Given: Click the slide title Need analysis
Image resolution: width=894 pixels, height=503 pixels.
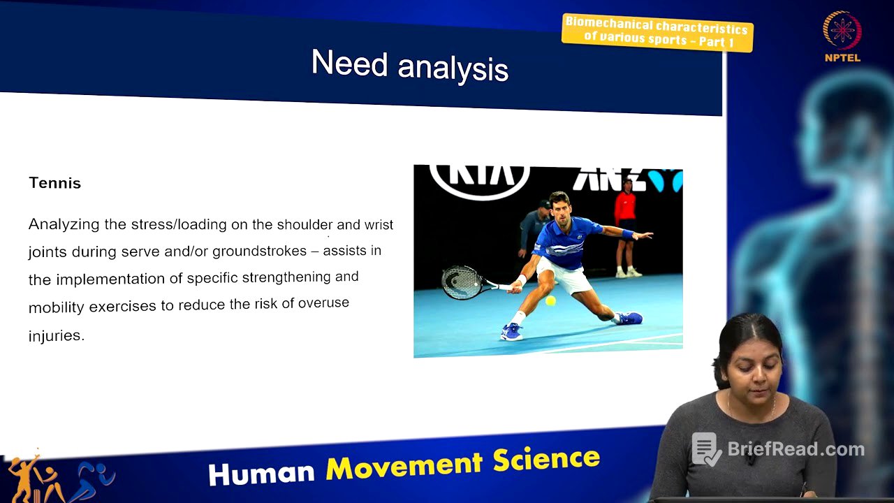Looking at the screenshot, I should pyautogui.click(x=409, y=66).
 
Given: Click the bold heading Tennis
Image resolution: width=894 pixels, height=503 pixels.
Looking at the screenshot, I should pyautogui.click(x=54, y=183).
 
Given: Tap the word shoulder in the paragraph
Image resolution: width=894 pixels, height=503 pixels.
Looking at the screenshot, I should pyautogui.click(x=305, y=224).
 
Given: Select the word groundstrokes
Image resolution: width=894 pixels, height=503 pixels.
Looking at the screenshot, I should pyautogui.click(x=259, y=251).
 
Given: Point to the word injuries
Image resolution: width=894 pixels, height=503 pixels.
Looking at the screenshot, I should pyautogui.click(x=56, y=335).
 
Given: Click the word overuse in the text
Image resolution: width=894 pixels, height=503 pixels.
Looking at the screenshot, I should pyautogui.click(x=323, y=303).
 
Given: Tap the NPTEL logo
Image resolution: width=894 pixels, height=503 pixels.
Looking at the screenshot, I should pyautogui.click(x=842, y=35).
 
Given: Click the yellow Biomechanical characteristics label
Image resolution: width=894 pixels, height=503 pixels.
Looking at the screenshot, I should pyautogui.click(x=657, y=32).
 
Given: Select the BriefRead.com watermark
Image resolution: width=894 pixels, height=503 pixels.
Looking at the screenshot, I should pyautogui.click(x=779, y=449).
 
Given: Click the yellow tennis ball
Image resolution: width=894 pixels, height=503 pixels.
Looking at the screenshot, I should pyautogui.click(x=550, y=301).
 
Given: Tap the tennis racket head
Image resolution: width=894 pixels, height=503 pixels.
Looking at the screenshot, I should pyautogui.click(x=462, y=282).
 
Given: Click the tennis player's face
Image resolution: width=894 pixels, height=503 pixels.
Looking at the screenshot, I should pyautogui.click(x=558, y=207).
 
